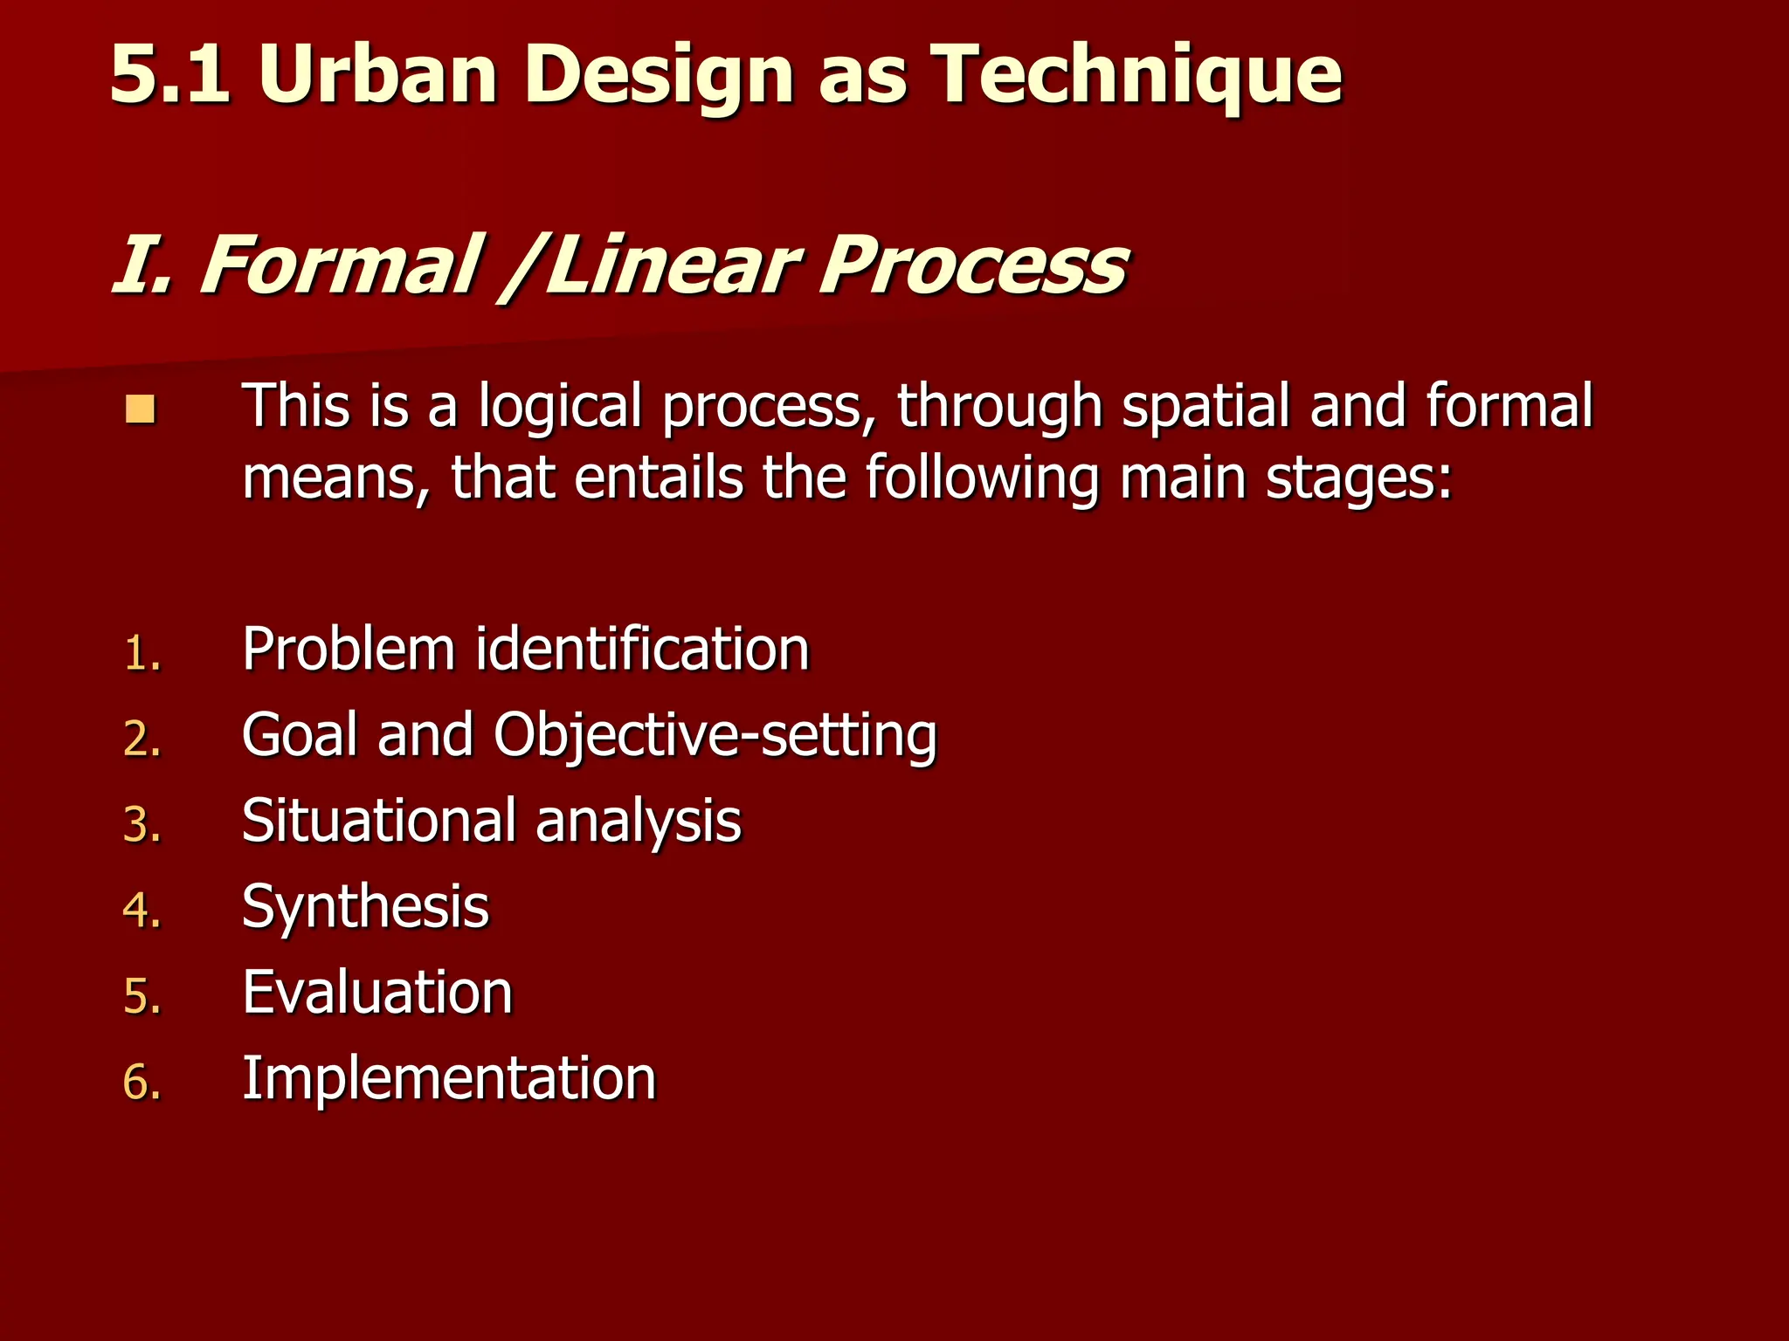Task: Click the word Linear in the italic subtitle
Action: click(673, 265)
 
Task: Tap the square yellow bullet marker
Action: click(140, 409)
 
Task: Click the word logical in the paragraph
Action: click(560, 407)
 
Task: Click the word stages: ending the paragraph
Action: click(1358, 480)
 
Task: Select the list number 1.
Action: click(142, 653)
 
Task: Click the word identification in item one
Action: click(642, 650)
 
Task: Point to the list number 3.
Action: click(142, 825)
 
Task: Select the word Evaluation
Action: click(377, 993)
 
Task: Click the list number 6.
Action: click(142, 1083)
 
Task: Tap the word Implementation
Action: click(449, 1079)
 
